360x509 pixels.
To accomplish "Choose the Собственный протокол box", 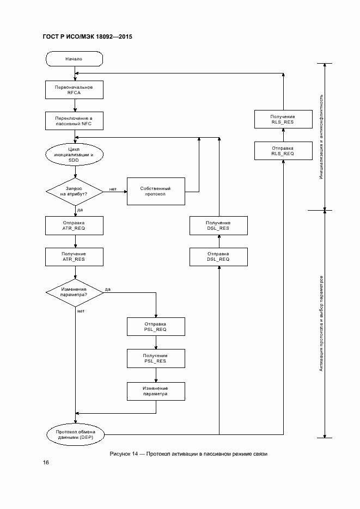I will (x=156, y=191).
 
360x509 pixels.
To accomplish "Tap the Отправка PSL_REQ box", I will (x=156, y=326).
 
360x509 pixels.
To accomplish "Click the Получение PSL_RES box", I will (x=156, y=357).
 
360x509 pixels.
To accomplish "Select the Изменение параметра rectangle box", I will (x=156, y=391).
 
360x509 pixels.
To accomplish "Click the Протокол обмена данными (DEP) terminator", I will (x=75, y=434).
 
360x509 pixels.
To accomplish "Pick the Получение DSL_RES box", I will (x=218, y=225).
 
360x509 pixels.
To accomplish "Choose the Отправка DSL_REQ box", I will (x=218, y=256).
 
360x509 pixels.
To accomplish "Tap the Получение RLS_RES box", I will (x=283, y=119).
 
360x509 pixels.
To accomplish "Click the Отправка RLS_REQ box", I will (x=283, y=151).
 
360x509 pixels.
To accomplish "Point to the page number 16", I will (x=46, y=463).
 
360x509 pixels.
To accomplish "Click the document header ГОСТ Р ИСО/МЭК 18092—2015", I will (x=87, y=37).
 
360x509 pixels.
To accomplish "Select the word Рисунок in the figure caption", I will (x=121, y=453).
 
